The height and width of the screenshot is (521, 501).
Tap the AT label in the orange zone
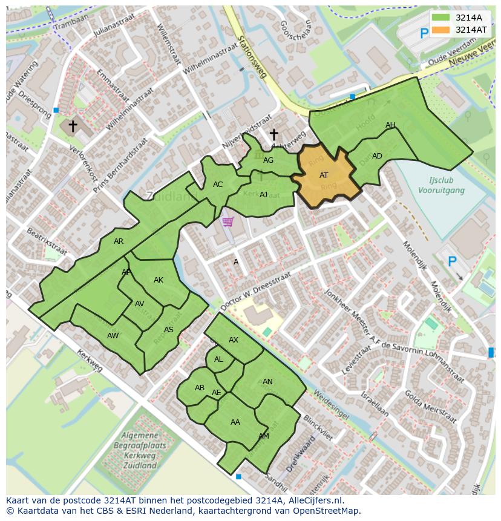pos(324,175)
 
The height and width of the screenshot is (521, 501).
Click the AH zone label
pos(390,125)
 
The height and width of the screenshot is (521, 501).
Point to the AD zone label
pos(377,156)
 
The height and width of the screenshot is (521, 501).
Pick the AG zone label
pos(268,160)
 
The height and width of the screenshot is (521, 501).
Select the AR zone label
pos(119,241)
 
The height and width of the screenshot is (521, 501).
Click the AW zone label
pos(113,336)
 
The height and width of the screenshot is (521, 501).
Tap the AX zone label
pos(234,340)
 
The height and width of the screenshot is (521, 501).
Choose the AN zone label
pos(267,382)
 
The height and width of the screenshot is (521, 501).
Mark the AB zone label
pos(200,388)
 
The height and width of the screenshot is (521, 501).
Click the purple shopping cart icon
pos(228,222)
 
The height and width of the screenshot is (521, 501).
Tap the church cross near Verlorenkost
pos(73,126)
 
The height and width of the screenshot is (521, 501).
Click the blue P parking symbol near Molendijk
pos(451,261)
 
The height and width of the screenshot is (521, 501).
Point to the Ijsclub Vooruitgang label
pos(441,185)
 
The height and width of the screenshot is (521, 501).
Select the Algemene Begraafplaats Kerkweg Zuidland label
pos(139,451)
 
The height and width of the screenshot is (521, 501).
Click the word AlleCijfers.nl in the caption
pos(314,500)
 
